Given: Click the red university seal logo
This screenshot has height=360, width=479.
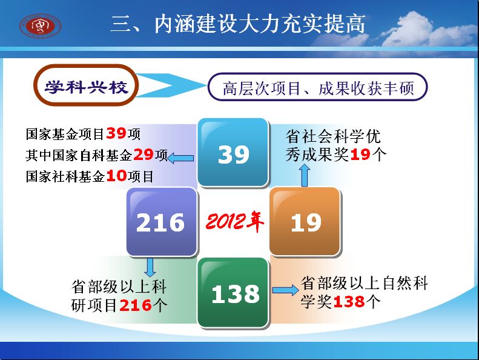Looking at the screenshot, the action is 41,25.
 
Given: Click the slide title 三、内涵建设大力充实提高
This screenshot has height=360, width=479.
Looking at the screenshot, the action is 238,24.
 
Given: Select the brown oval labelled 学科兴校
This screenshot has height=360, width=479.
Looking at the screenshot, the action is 86,85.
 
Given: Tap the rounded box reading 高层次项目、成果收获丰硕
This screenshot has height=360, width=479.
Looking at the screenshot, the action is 317,87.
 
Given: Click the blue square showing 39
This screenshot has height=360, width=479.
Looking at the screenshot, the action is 233,152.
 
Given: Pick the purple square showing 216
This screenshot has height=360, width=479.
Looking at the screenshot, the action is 162,222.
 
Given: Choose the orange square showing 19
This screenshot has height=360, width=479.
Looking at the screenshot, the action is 305,222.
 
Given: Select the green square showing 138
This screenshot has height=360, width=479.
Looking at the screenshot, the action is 233,293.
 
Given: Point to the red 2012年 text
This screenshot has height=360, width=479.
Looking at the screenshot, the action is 234,221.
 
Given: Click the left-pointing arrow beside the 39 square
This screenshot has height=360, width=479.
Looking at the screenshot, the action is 180,158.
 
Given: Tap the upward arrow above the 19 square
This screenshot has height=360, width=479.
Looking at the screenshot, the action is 305,175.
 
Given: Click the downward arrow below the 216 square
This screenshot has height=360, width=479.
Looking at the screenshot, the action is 150,267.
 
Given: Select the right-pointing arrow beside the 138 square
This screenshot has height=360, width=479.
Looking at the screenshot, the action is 286,290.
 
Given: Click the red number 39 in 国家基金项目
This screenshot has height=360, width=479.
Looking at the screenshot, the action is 116,133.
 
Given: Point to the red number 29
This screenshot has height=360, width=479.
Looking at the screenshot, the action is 144,155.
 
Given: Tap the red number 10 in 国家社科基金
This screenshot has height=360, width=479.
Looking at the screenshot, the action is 116,176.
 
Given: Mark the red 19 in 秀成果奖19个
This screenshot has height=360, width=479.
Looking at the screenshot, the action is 360,155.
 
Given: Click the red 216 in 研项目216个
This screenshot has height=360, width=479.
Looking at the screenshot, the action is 136,305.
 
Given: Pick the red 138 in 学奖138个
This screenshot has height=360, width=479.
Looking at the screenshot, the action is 349,302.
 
